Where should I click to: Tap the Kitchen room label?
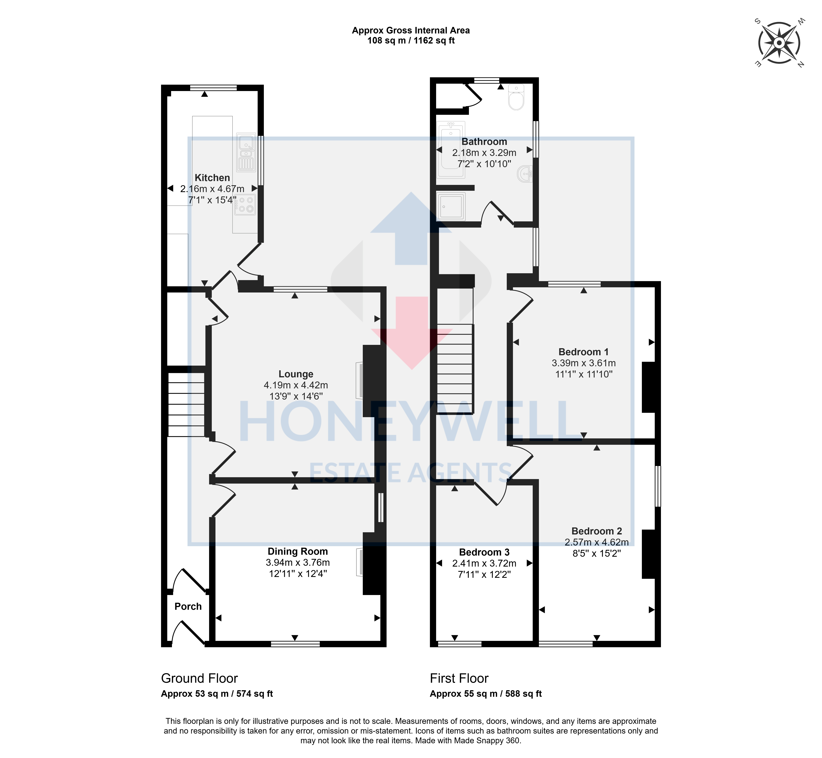point(212,178)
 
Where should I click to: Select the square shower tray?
point(451,206)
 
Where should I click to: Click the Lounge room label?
point(296,374)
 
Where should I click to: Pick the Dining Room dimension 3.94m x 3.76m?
point(297,562)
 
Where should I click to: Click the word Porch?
point(188,606)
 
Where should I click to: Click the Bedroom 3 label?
point(484,552)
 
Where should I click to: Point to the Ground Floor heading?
point(199,678)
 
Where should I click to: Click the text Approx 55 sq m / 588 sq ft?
point(485,694)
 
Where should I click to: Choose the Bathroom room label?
point(484,142)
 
